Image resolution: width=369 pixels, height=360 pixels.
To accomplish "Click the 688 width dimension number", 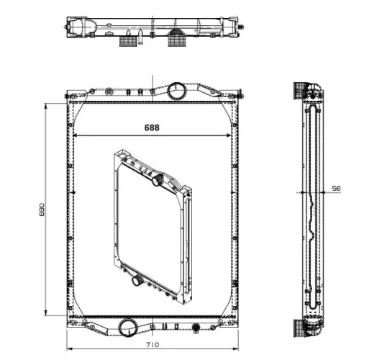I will [x=151, y=127].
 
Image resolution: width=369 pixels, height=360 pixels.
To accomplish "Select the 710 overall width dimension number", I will [x=151, y=346].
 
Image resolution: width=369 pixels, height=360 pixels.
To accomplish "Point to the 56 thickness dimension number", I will [x=335, y=188].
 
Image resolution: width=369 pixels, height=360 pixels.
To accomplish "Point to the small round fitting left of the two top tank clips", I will [x=109, y=91].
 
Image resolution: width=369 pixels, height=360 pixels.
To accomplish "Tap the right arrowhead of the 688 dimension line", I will [x=229, y=135].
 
